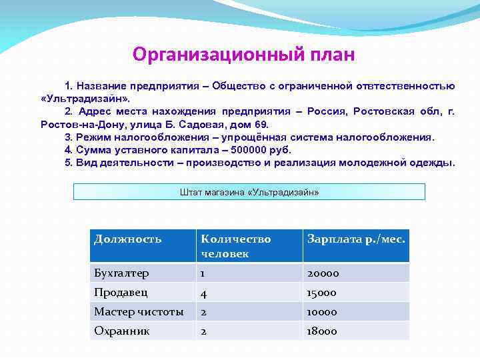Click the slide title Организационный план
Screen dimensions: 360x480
pos(243,53)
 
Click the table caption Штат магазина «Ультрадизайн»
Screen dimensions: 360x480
pos(249,192)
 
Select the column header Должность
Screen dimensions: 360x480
pos(128,239)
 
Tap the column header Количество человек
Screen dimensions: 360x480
pos(236,246)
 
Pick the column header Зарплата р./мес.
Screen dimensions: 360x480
pos(356,239)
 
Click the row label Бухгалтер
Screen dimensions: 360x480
pos(121,273)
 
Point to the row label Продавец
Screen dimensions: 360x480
pos(121,293)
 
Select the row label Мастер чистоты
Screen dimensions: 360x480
pos(139,312)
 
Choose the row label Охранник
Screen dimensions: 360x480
pos(121,331)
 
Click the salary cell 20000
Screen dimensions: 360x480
pos(323,273)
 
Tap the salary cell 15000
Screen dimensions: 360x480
pos(322,293)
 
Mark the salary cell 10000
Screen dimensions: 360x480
pos(323,312)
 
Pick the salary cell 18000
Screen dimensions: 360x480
pos(322,331)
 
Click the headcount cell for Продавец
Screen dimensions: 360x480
pos(204,293)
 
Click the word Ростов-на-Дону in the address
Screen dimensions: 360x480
pos(75,125)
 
